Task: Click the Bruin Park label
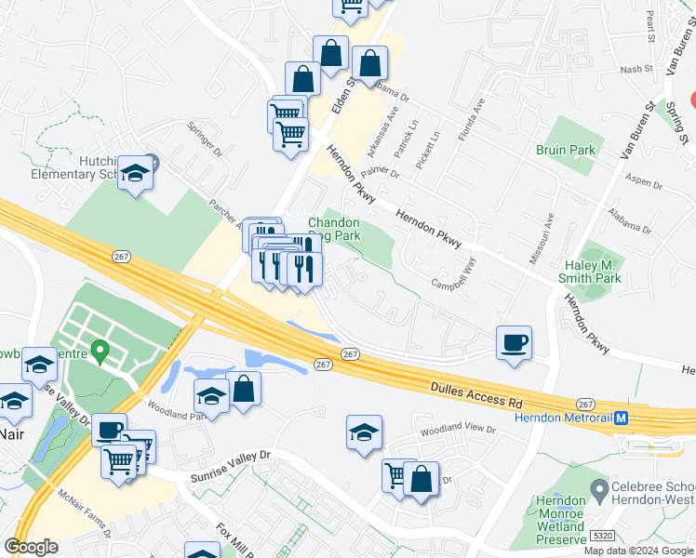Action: coord(565,150)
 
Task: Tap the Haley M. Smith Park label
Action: coord(592,271)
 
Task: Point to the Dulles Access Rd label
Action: coord(477,392)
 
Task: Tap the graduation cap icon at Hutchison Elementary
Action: coord(136,173)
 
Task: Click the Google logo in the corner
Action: coord(31,547)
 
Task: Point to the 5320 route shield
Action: coord(601,538)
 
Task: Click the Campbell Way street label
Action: coord(452,276)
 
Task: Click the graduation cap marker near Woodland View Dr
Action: coord(364,432)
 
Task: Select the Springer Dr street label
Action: coord(206,139)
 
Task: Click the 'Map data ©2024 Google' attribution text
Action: coord(637,551)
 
